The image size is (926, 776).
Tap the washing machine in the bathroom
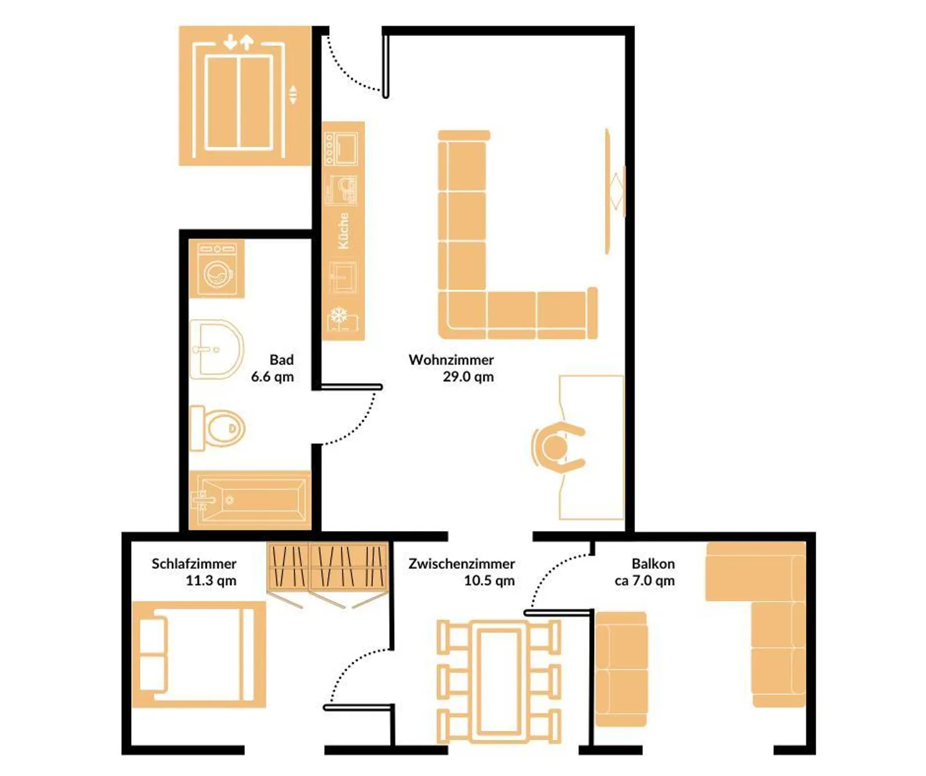217,269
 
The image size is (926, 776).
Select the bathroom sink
217,350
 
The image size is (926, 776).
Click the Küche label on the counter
344,231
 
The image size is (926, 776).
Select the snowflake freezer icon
339,316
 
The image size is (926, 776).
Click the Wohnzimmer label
451,360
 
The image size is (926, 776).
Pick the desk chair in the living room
557,447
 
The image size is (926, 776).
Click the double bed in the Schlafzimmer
199,654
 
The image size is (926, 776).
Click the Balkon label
653,564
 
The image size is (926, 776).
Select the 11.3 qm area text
211,581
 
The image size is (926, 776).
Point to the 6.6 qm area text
272,377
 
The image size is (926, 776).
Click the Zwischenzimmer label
461,564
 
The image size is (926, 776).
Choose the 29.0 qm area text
468,377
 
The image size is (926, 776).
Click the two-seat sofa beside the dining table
621,669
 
